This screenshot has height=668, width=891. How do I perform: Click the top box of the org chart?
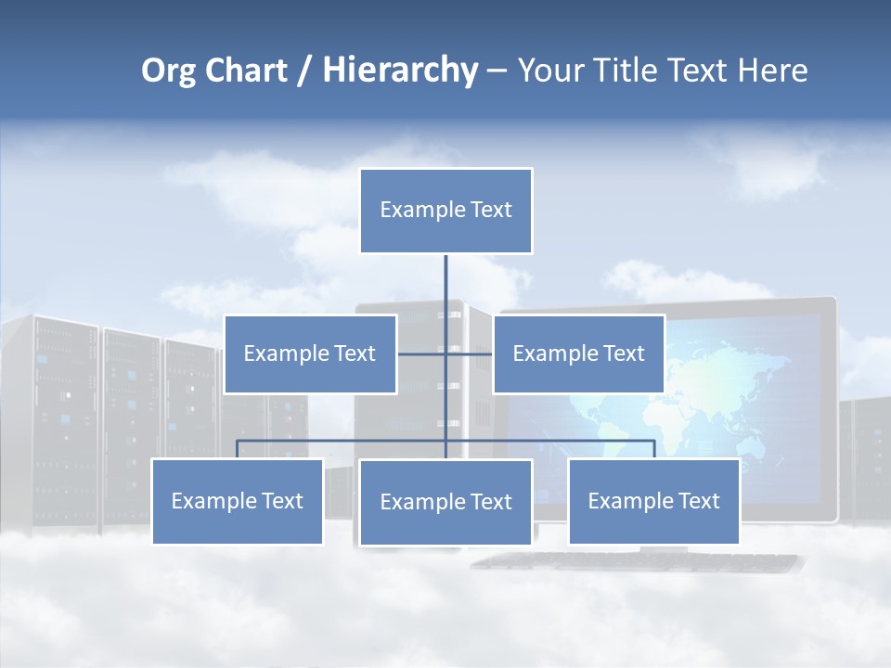pos(445,211)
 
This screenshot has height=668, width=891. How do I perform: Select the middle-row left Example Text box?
pos(310,353)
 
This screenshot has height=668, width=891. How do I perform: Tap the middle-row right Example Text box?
pos(578,353)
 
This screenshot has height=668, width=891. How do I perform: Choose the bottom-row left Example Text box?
pos(237,501)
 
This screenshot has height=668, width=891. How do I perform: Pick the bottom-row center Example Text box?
pos(445,502)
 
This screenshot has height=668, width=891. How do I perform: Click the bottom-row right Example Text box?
pos(653,501)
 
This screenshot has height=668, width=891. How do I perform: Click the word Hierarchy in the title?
pos(400,71)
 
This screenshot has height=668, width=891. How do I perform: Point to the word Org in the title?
pos(168,71)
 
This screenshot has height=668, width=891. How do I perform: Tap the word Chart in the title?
pos(244,71)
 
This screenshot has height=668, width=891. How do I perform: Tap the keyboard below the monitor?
pos(640,560)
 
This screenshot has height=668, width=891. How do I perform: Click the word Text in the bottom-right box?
pos(698,501)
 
